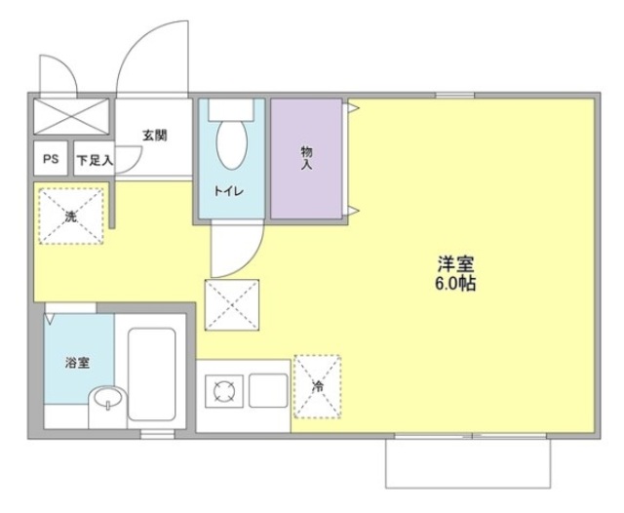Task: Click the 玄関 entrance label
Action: [x=155, y=136]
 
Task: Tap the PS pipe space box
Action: [x=51, y=159]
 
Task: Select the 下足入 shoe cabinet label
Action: [x=95, y=160]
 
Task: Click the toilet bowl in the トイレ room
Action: [x=232, y=144]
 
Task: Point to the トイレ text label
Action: [x=229, y=191]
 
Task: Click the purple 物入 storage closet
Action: [x=306, y=158]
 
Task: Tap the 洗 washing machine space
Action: [x=71, y=217]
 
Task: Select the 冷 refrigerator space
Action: [x=317, y=386]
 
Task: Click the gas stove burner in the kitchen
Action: [x=224, y=391]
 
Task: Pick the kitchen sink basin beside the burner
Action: [x=268, y=390]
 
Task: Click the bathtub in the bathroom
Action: [x=152, y=375]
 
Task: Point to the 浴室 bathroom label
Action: [x=77, y=363]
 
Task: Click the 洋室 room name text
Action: [x=455, y=263]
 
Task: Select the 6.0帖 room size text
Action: [x=455, y=284]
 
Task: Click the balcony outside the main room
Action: [x=468, y=463]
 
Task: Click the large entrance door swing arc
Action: [x=136, y=42]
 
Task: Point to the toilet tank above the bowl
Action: [x=231, y=109]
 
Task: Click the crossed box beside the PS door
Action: [x=71, y=116]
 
